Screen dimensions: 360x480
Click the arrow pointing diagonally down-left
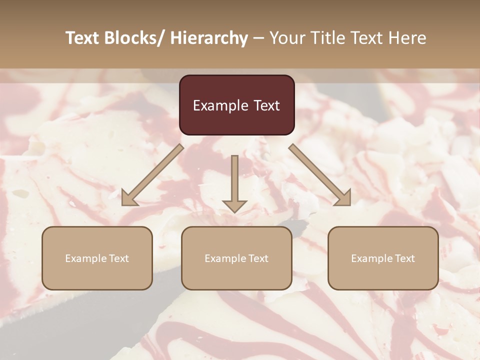click(152, 175)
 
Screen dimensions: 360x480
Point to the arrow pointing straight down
click(234, 182)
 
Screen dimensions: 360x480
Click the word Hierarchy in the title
click(208, 38)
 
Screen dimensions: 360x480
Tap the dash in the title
click(258, 38)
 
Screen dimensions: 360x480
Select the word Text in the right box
click(404, 258)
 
